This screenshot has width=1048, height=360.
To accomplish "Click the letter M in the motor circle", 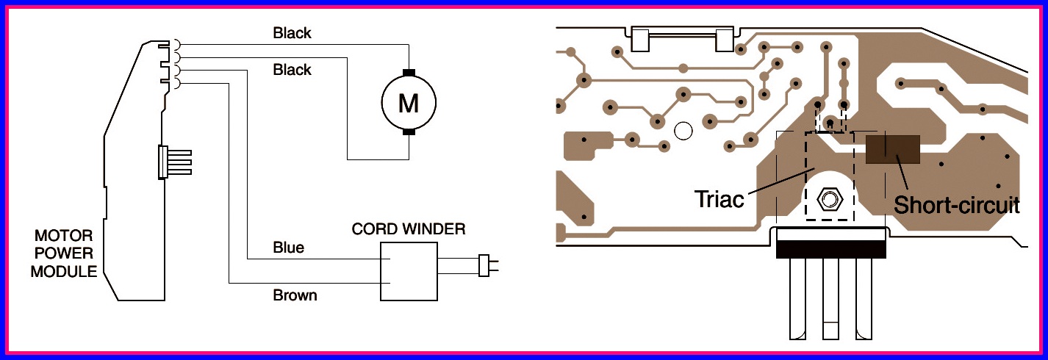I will (x=409, y=104).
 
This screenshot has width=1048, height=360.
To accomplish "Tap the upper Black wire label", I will (x=292, y=33).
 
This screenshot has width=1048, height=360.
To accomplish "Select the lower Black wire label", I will (x=292, y=70).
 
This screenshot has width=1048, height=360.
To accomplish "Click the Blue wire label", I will (x=288, y=248).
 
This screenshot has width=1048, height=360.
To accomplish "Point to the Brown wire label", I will (x=295, y=295).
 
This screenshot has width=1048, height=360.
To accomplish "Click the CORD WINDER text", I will (x=409, y=229).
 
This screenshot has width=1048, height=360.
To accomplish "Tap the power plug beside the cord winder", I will (x=485, y=265).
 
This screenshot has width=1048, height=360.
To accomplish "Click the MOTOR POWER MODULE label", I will (x=65, y=253).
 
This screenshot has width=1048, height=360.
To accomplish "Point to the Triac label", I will (x=719, y=199).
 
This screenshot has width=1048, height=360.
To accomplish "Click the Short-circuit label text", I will (x=956, y=205).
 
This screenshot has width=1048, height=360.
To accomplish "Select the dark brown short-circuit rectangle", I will (x=893, y=149).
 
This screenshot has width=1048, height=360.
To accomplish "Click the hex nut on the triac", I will (x=830, y=198).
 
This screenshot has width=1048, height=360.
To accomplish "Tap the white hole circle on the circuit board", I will (x=683, y=132).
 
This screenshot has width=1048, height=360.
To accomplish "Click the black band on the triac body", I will (x=830, y=251).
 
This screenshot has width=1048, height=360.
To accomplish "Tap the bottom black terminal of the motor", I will (x=409, y=133).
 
